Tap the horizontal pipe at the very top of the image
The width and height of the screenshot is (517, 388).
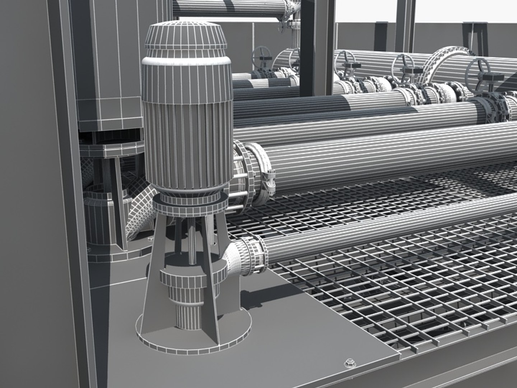[230, 7]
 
